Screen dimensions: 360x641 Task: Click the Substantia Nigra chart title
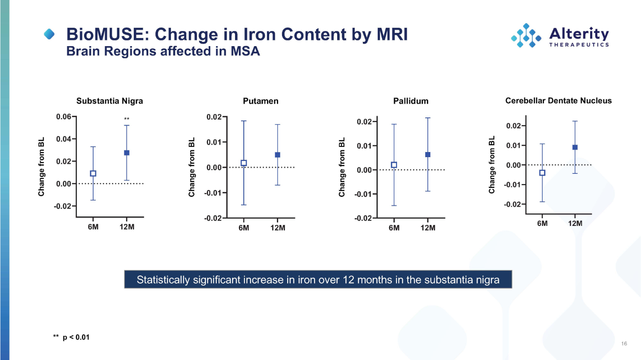pyautogui.click(x=109, y=101)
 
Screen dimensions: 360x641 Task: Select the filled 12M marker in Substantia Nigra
pyautogui.click(x=126, y=153)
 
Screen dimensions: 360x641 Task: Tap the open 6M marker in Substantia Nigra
pyautogui.click(x=93, y=173)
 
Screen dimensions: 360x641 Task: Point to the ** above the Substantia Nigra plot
pyautogui.click(x=126, y=119)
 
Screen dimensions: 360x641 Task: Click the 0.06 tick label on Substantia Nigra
pyautogui.click(x=64, y=117)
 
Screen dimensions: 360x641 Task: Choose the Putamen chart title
pyautogui.click(x=261, y=101)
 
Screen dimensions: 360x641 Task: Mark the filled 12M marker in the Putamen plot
pyautogui.click(x=277, y=155)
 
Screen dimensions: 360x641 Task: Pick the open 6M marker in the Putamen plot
pyautogui.click(x=244, y=163)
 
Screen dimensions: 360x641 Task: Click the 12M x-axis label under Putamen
pyautogui.click(x=278, y=228)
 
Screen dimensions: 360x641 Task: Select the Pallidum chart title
pyautogui.click(x=411, y=101)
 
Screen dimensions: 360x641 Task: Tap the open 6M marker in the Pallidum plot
pyautogui.click(x=394, y=165)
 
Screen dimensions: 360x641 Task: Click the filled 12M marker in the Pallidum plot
pyautogui.click(x=428, y=155)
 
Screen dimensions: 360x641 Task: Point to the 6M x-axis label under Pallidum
pyautogui.click(x=394, y=228)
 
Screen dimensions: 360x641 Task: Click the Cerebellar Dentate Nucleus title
pyautogui.click(x=558, y=101)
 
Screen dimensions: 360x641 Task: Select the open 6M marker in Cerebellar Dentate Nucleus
pyautogui.click(x=542, y=173)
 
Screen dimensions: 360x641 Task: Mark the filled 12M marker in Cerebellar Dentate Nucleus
pyautogui.click(x=575, y=147)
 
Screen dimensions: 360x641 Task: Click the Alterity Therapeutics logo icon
pyautogui.click(x=526, y=35)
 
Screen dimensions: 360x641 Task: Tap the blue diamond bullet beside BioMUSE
pyautogui.click(x=50, y=34)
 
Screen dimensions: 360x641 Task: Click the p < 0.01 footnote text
pyautogui.click(x=76, y=337)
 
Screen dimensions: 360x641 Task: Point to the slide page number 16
pyautogui.click(x=624, y=344)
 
